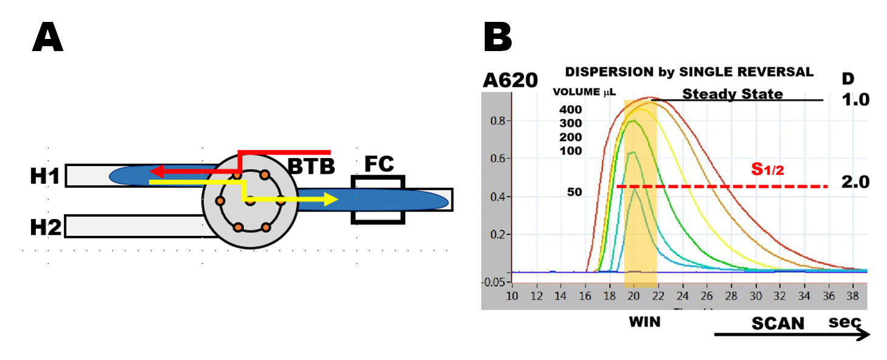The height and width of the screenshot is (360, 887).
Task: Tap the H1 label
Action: click(x=45, y=176)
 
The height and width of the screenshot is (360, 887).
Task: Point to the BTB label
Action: click(x=311, y=165)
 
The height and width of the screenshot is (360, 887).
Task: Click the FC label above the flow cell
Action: click(x=378, y=165)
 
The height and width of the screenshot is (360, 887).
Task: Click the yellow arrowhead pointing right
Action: click(x=330, y=199)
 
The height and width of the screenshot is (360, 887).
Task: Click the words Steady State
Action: click(x=732, y=94)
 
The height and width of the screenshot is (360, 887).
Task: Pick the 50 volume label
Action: click(x=574, y=192)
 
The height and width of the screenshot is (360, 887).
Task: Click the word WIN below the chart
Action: click(x=644, y=322)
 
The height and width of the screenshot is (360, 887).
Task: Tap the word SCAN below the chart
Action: click(x=777, y=323)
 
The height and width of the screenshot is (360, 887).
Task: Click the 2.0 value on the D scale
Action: click(x=857, y=182)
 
